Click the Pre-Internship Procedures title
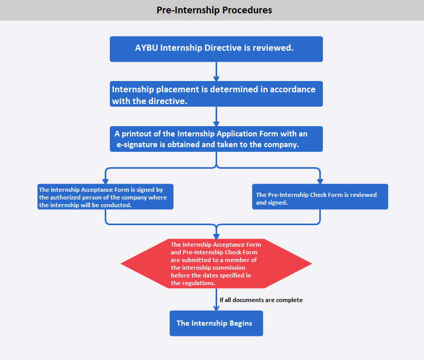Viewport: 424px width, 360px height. (x=214, y=10)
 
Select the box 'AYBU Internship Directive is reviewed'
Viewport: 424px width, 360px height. (x=216, y=49)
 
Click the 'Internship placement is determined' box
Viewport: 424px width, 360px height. (x=216, y=94)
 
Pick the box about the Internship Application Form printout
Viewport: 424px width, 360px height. (x=216, y=139)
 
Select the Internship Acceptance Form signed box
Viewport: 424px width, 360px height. (x=105, y=197)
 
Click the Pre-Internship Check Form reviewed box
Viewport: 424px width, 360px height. (x=320, y=197)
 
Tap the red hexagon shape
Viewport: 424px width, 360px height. (x=216, y=264)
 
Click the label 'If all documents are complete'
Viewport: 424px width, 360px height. (x=261, y=300)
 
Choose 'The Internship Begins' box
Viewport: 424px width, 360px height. (x=216, y=323)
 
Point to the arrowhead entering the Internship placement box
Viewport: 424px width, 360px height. (x=216, y=78)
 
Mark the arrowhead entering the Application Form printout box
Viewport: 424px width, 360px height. (x=216, y=123)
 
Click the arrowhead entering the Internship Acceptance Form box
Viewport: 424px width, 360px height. (x=105, y=181)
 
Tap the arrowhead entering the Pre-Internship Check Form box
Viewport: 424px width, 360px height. (x=320, y=181)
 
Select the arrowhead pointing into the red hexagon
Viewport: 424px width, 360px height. (x=216, y=236)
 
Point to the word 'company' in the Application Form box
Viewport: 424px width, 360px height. (x=281, y=145)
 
